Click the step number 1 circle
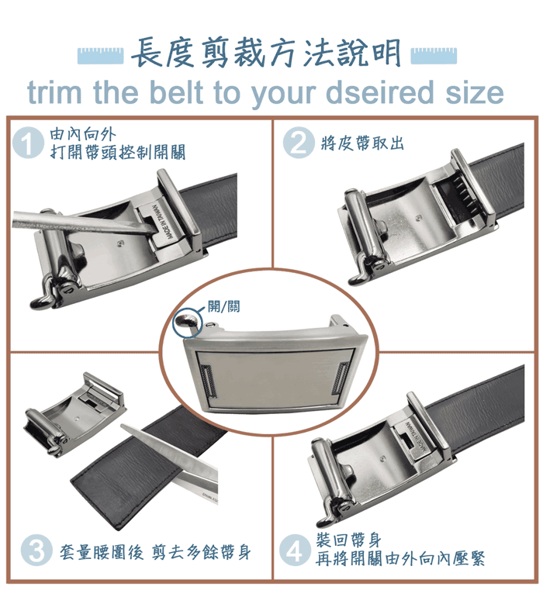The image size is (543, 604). coord(28,143)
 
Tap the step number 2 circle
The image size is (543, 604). coord(299,143)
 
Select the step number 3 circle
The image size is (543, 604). coord(36,550)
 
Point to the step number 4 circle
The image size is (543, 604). coord(295,550)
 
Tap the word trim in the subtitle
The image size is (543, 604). coord(54,93)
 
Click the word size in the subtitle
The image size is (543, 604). coord(475,93)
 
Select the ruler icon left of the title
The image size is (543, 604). coord(100,56)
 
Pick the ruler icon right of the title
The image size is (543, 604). coord(434,56)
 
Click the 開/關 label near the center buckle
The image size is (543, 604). coord(223,306)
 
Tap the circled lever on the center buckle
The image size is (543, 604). coord(187,323)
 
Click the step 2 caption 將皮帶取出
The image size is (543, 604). coord(362,143)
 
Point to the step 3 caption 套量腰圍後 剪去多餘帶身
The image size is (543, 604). coord(155,551)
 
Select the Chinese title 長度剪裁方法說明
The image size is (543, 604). coord(267,53)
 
